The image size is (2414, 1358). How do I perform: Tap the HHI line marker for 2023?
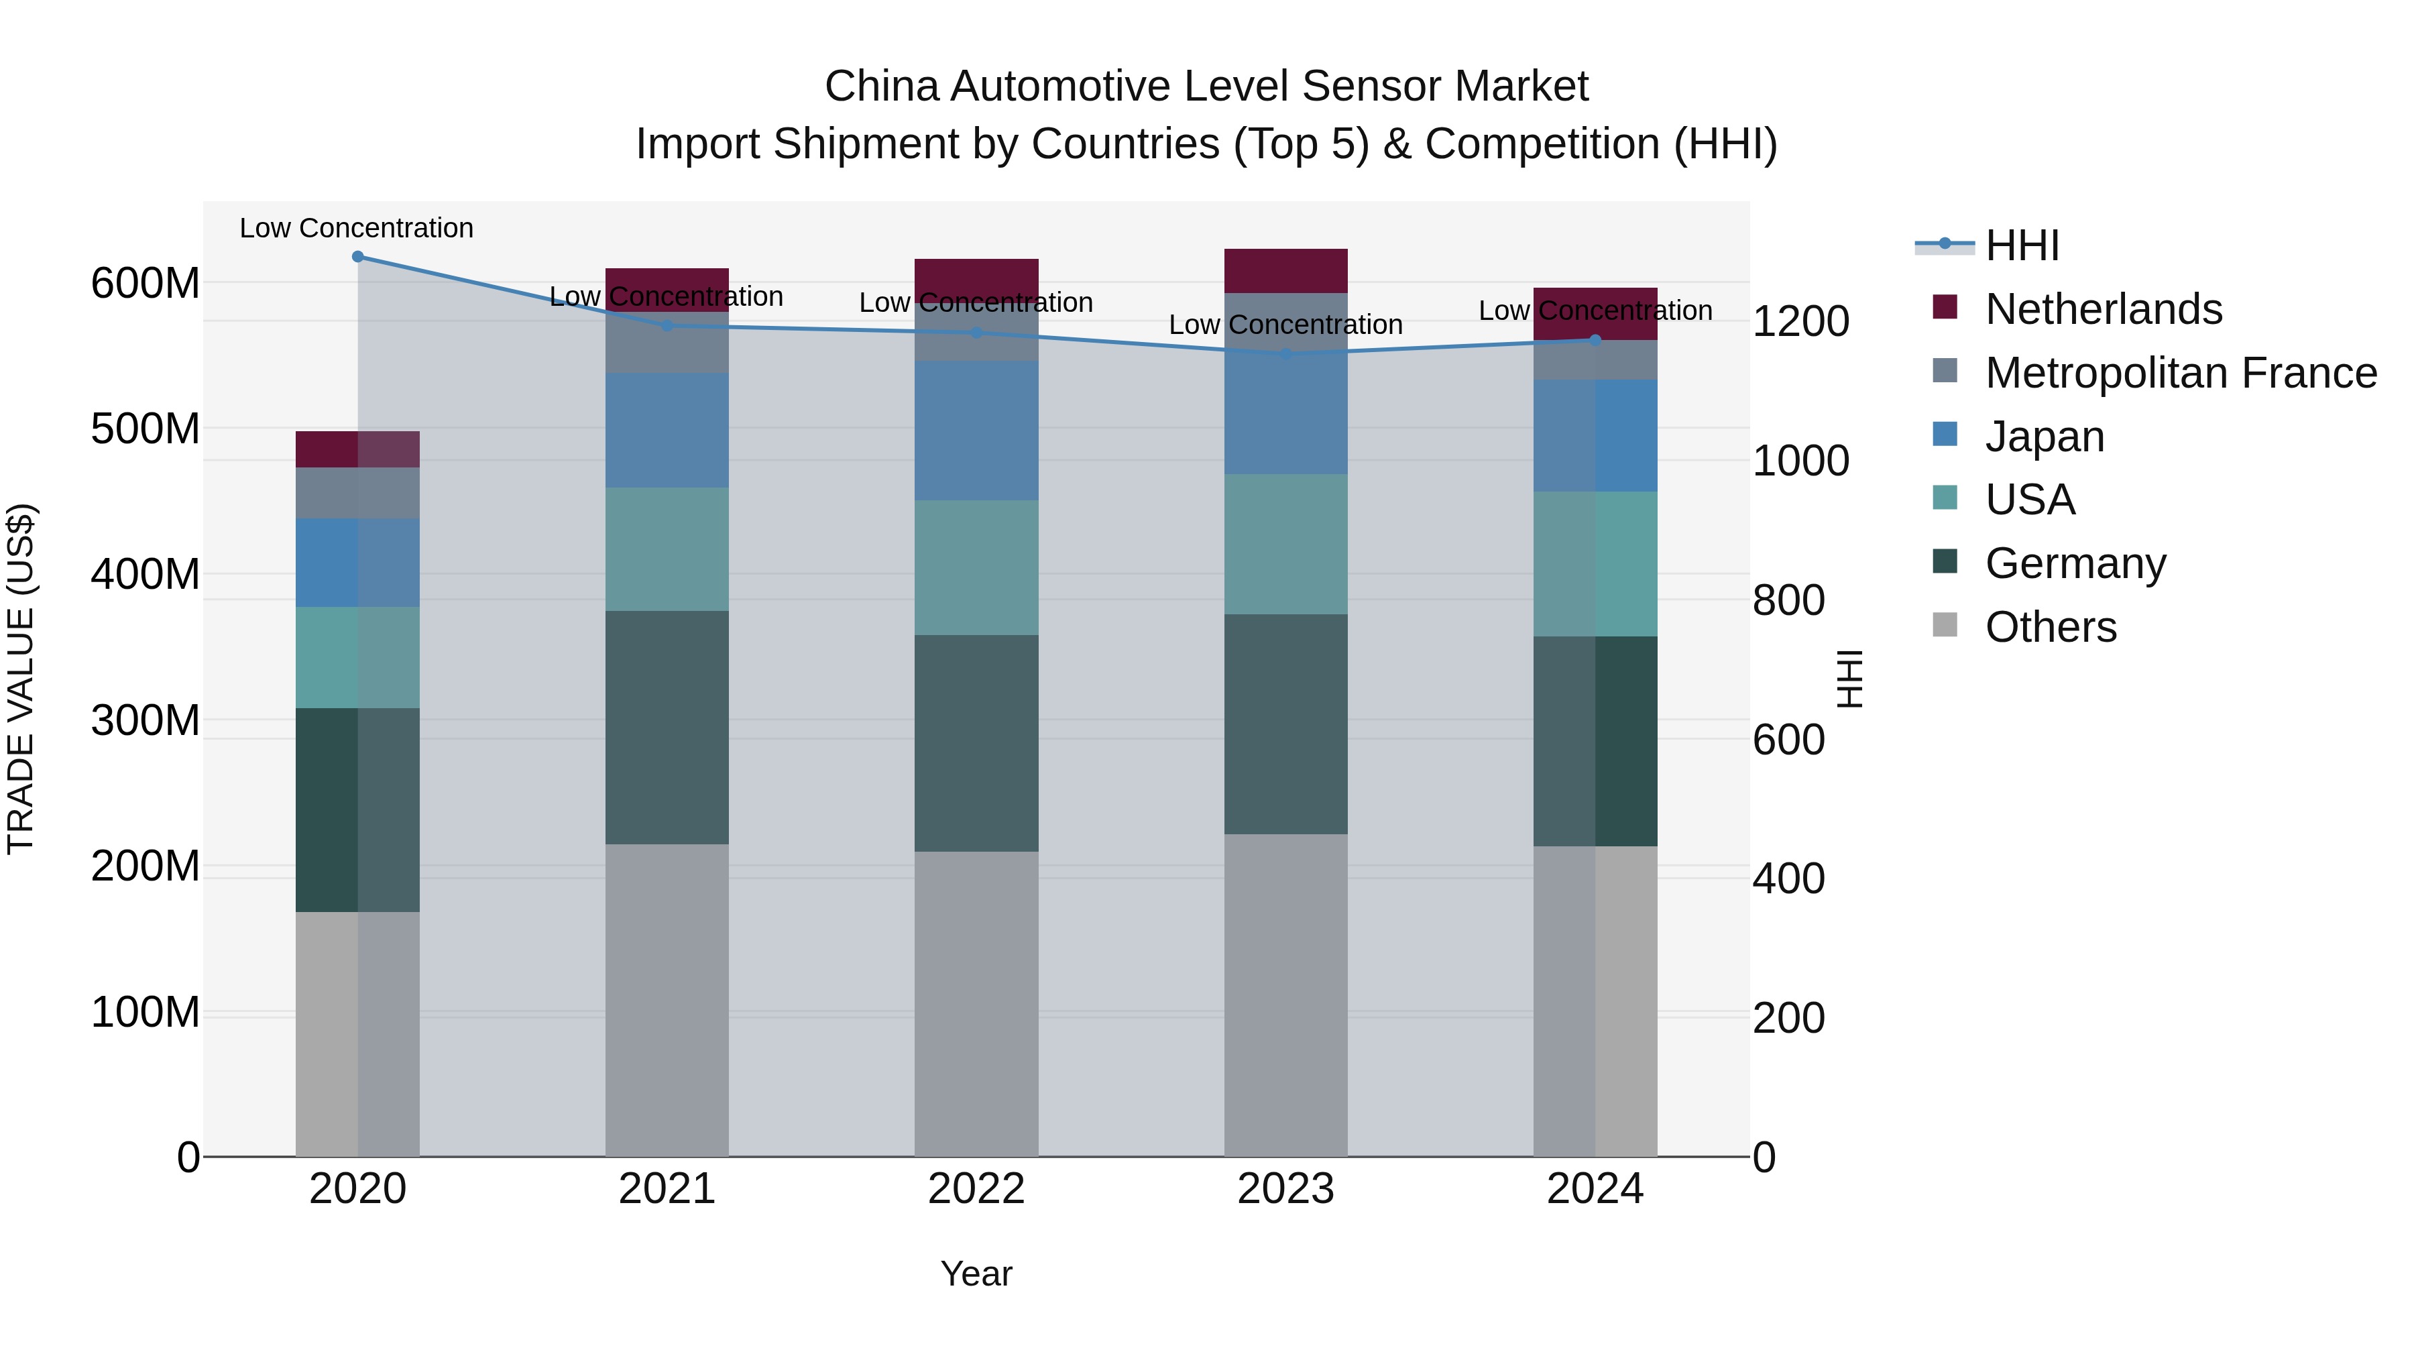coord(1285,354)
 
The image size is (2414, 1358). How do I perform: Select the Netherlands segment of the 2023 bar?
coord(1285,271)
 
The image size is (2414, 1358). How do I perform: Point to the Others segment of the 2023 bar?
coord(1285,995)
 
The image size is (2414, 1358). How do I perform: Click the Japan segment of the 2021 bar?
coord(667,430)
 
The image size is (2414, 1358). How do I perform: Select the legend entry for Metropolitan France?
coord(2180,372)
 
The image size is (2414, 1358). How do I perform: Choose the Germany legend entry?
coord(2075,563)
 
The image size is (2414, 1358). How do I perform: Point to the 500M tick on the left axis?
coord(146,429)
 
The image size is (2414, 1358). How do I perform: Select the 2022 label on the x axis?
coord(976,1189)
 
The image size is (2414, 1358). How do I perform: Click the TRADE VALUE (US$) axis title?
coord(21,679)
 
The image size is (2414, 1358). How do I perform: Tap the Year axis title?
coord(976,1274)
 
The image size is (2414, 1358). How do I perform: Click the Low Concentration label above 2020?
coord(356,228)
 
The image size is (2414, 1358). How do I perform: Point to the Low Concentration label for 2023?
coord(1285,325)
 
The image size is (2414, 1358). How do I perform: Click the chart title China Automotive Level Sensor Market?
coord(1206,87)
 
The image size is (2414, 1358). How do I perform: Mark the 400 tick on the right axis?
coord(1788,879)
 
